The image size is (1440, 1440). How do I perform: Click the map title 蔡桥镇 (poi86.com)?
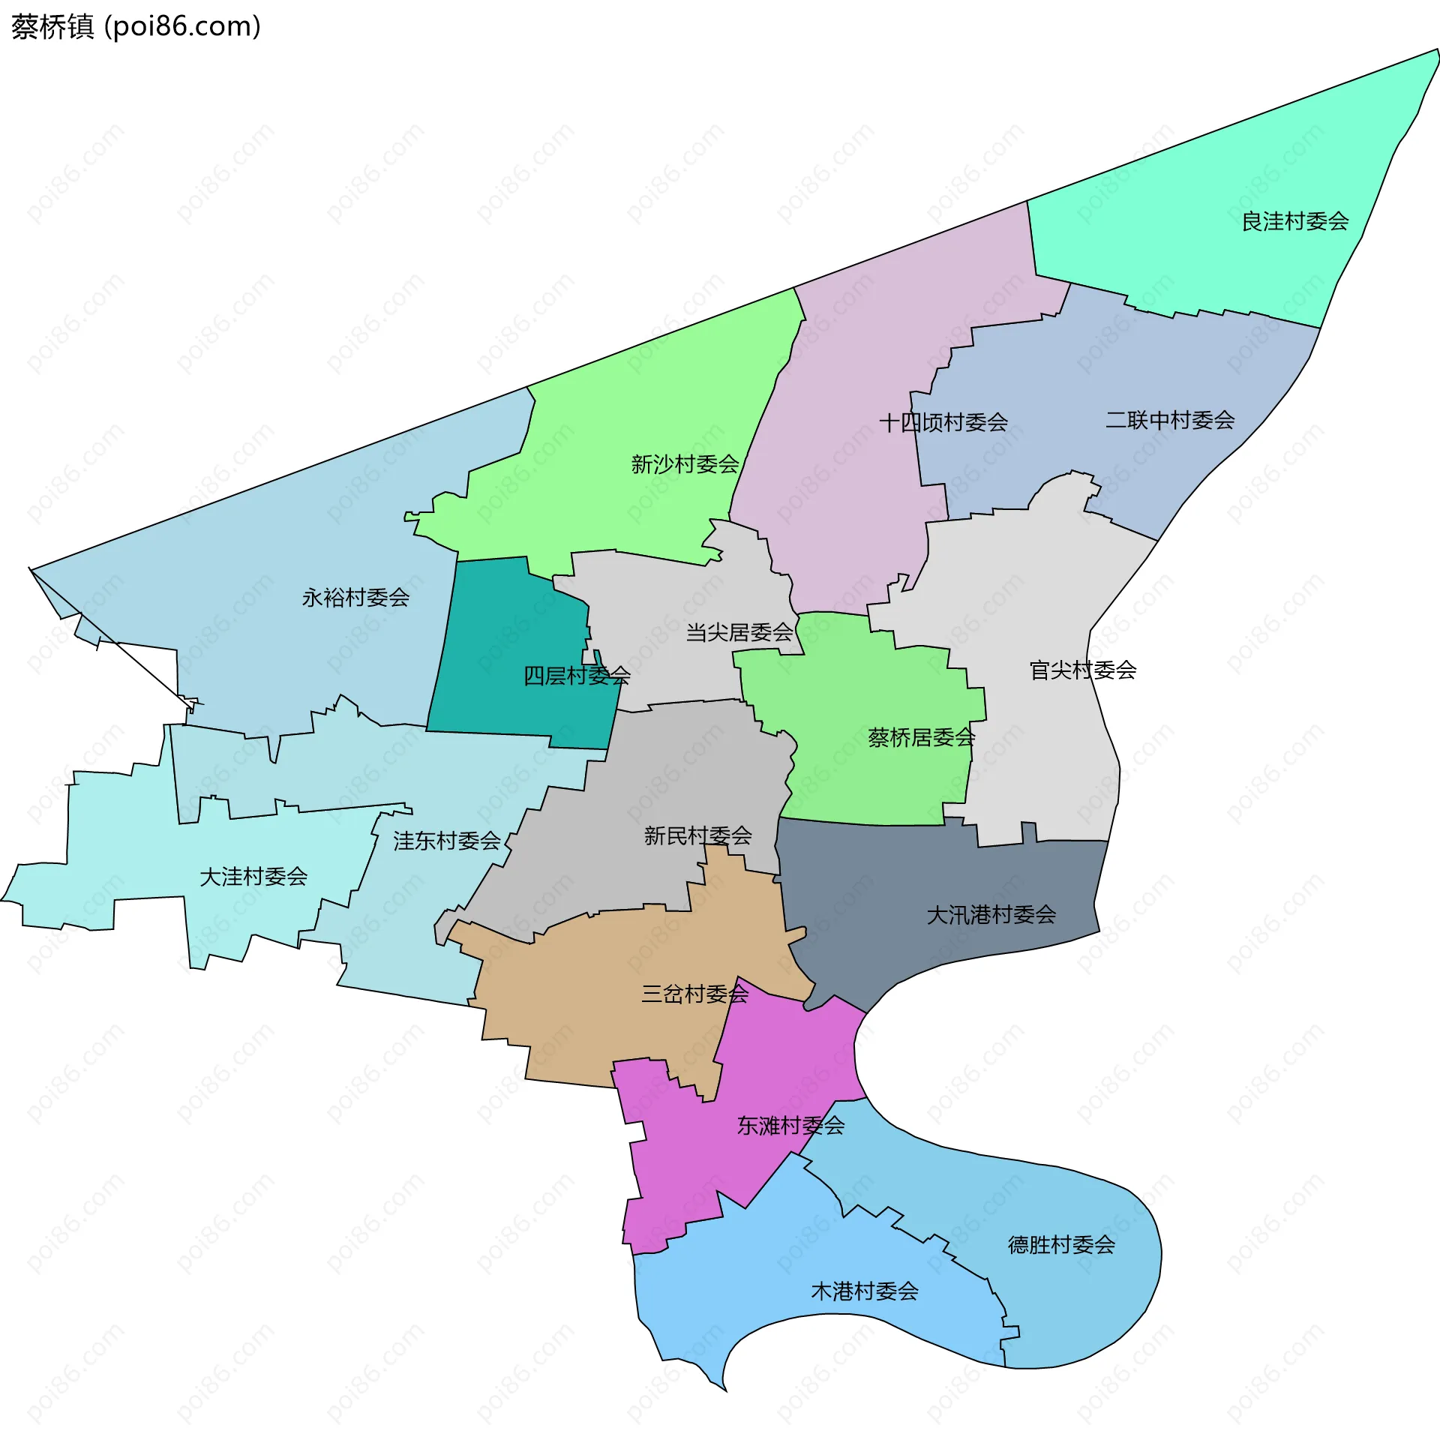[136, 27]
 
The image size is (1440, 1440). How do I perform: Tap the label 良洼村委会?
[1295, 221]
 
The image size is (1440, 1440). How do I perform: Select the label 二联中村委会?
[1170, 420]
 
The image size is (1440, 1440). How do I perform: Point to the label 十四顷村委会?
[943, 422]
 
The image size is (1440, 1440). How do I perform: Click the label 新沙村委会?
[685, 464]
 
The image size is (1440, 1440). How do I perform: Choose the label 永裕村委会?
[355, 598]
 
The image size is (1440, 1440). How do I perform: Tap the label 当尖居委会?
[739, 632]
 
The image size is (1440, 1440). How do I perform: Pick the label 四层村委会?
[577, 676]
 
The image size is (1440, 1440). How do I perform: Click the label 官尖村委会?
[1083, 670]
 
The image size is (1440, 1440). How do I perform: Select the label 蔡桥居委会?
[921, 737]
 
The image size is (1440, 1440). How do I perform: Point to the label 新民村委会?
[697, 835]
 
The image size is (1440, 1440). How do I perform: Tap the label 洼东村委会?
[446, 841]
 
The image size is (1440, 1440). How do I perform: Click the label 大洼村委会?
[253, 876]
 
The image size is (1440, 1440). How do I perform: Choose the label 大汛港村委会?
[991, 914]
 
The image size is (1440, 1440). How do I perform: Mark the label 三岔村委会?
[694, 994]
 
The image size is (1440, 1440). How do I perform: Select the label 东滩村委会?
[790, 1125]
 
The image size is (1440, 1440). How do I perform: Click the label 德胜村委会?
[1061, 1244]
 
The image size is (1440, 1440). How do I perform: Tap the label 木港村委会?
[865, 1291]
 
